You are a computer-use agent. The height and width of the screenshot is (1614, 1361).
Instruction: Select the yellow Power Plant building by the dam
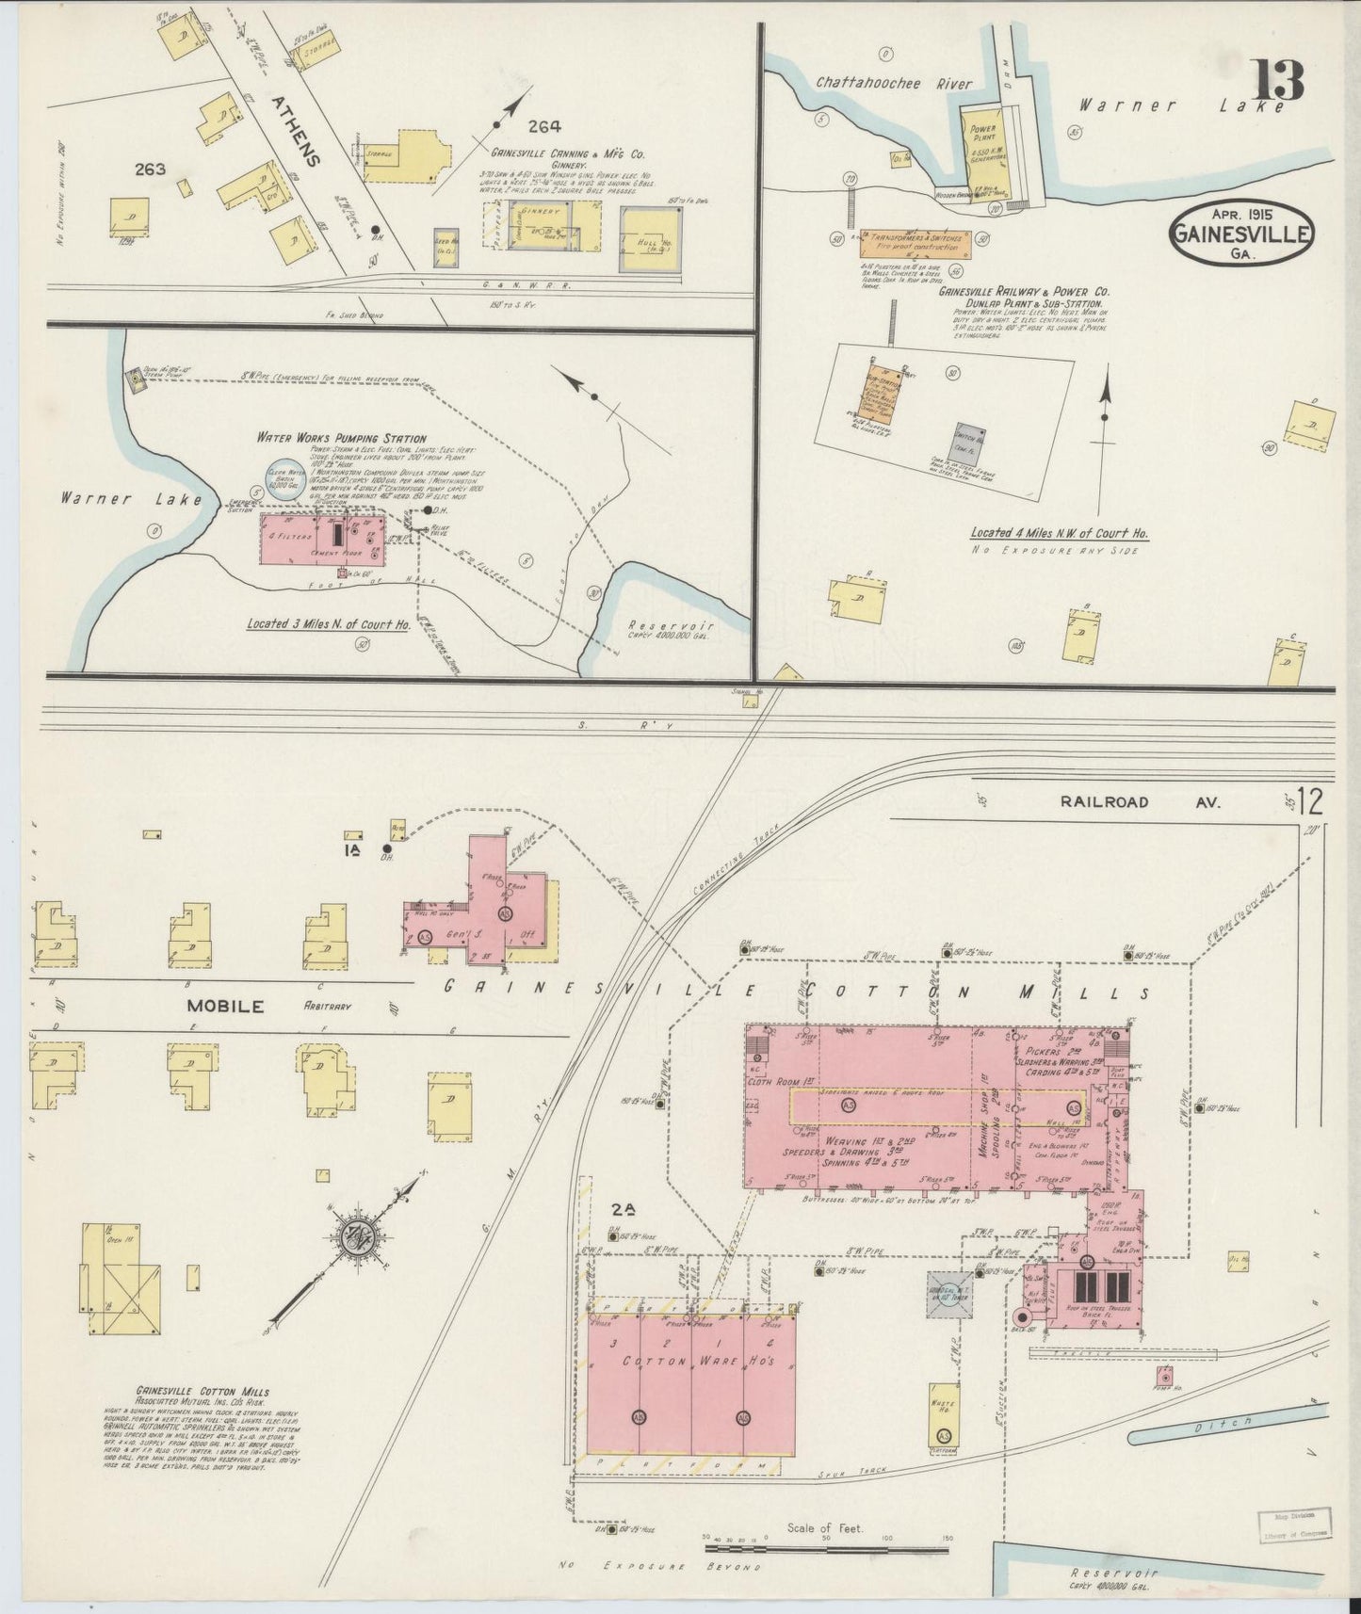[x=983, y=146]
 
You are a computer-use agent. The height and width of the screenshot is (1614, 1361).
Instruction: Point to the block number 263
[x=150, y=169]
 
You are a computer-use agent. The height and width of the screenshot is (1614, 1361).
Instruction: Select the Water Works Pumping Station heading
[x=341, y=439]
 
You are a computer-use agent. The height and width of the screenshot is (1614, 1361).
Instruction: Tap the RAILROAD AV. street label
[x=1139, y=802]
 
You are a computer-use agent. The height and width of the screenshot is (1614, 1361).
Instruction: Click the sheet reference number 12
[x=1310, y=802]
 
